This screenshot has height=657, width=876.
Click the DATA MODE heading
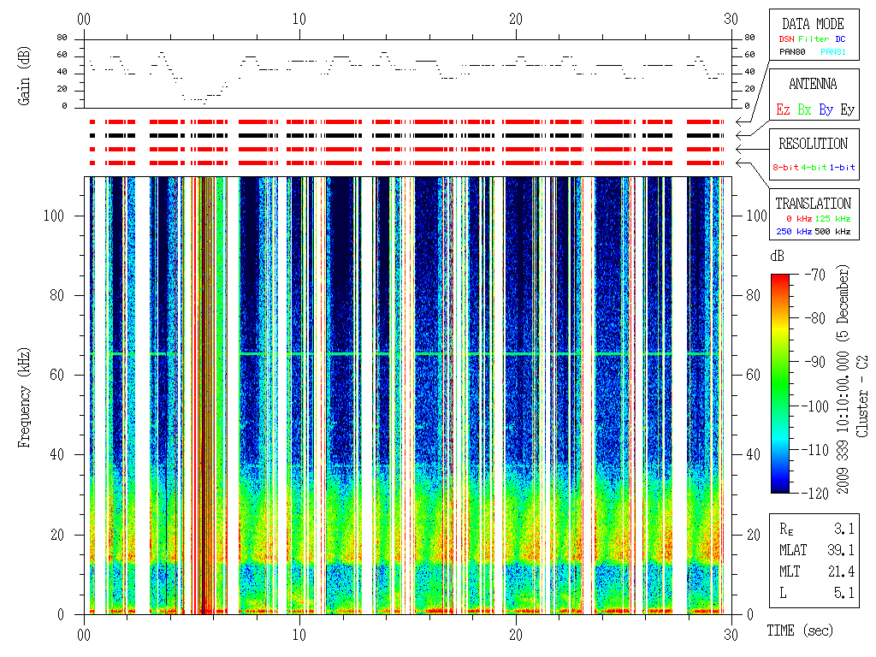click(813, 24)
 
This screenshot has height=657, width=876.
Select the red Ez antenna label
click(782, 109)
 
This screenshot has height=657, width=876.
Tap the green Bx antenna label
click(804, 109)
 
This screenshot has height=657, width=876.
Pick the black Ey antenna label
click(847, 109)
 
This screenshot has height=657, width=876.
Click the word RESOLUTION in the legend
click(813, 144)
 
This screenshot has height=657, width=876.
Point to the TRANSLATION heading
click(813, 204)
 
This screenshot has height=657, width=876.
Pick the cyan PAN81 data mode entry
click(833, 52)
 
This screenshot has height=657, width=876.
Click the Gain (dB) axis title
click(23, 78)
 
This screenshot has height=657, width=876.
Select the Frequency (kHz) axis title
click(23, 395)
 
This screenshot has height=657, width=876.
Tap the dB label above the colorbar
click(777, 257)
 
